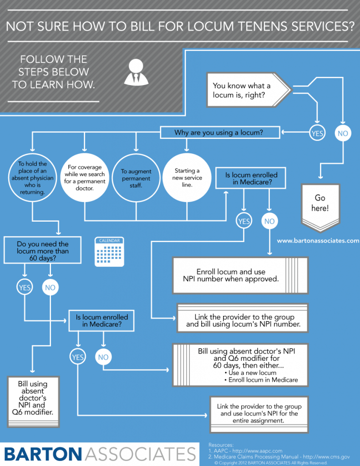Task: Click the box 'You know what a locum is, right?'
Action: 246,90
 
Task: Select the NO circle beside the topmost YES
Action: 342,133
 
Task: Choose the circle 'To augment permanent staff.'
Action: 136,177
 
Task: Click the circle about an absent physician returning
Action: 31,177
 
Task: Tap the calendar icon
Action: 109,252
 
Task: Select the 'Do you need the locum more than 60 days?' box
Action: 42,251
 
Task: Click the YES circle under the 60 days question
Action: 25,287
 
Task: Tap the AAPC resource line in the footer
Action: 248,451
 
